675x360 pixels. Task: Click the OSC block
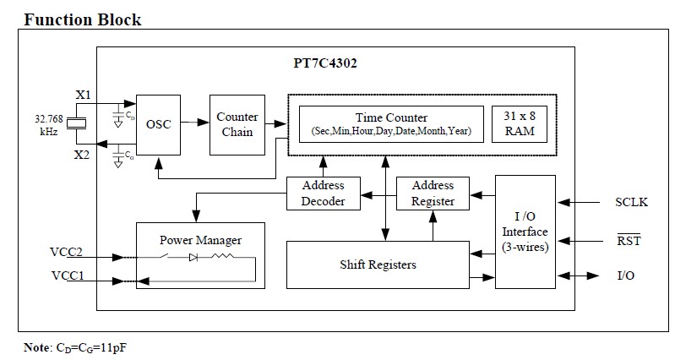click(x=158, y=124)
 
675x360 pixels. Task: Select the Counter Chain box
click(x=237, y=124)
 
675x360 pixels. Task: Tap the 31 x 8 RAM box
click(x=518, y=124)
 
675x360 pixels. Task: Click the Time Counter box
click(x=389, y=124)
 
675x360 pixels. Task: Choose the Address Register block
click(x=433, y=193)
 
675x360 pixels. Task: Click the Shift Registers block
click(x=377, y=265)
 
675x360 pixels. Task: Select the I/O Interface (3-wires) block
click(x=525, y=232)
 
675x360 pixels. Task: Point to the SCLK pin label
click(x=631, y=202)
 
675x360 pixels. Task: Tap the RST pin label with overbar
click(x=629, y=241)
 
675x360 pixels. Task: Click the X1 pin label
click(x=83, y=95)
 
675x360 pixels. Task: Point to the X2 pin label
click(x=83, y=154)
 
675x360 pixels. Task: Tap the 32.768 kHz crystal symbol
click(x=75, y=125)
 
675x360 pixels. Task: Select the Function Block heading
click(x=82, y=19)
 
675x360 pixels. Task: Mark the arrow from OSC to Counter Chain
click(x=194, y=123)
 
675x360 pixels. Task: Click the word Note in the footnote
click(x=37, y=347)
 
